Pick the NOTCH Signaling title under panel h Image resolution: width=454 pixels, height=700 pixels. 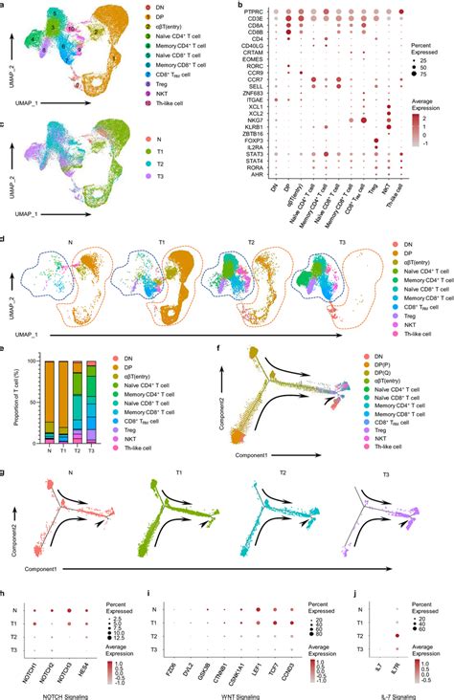click(x=80, y=691)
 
